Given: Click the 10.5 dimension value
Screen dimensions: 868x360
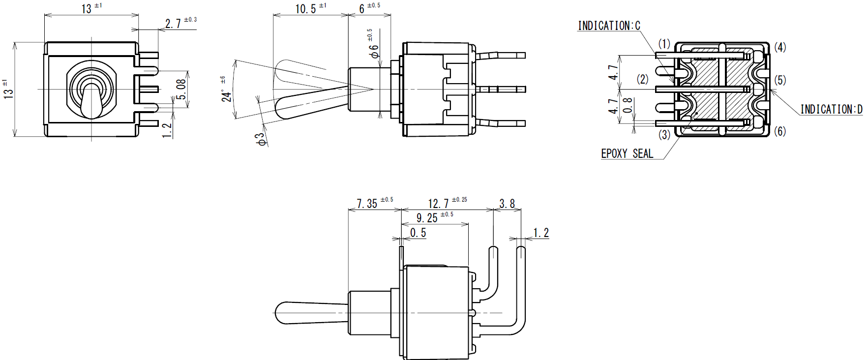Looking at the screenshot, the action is tap(305, 9).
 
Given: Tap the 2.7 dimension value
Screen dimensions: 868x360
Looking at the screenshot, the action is tap(173, 24).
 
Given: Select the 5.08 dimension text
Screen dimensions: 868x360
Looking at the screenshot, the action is tap(181, 90).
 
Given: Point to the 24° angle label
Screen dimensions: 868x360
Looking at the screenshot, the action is tap(226, 95).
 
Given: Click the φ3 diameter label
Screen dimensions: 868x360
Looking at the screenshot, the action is tap(261, 139).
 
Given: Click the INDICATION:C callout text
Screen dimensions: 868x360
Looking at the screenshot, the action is tap(609, 26).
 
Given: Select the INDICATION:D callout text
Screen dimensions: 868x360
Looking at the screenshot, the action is tap(831, 109).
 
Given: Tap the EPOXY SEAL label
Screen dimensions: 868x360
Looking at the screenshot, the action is tap(627, 153).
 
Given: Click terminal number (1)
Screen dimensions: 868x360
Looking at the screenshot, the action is tap(664, 44).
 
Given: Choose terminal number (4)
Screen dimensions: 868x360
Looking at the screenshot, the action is tap(780, 47).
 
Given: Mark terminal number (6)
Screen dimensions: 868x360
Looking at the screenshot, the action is tap(780, 131).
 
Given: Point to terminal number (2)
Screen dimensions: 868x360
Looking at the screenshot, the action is tap(643, 79).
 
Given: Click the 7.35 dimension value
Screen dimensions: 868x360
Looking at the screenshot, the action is tap(367, 204).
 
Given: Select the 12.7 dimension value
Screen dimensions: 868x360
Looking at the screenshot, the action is tap(438, 204).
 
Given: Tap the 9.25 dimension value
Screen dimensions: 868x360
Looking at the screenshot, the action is tap(427, 218).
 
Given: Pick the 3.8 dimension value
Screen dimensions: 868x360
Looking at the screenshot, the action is tap(507, 204).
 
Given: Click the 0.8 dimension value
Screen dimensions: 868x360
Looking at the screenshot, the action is tap(628, 105).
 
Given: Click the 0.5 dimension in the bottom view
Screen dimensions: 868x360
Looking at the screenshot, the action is tap(418, 233).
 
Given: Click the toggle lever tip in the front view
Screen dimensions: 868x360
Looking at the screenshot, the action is tap(91, 114).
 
